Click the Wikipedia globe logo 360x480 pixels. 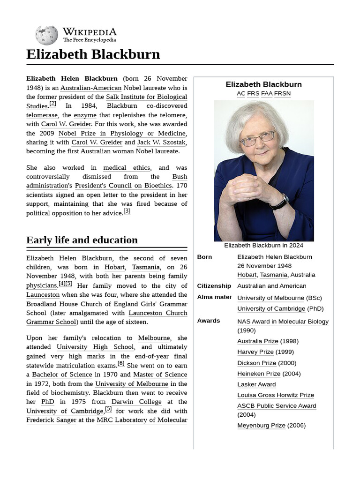tap(46, 35)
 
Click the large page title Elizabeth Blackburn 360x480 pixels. tap(93, 54)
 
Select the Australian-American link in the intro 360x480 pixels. tap(90, 88)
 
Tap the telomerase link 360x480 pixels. tap(42, 115)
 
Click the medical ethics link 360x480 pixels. tap(127, 167)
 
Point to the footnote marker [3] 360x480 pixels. tap(127, 211)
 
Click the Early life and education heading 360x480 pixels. tap(82, 240)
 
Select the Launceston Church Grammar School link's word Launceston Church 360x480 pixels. tap(158, 313)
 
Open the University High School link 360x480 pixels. tap(95, 347)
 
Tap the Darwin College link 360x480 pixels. tap(136, 402)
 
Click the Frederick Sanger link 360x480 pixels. tap(51, 420)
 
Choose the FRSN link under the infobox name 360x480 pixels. tap(282, 93)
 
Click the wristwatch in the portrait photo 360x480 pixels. tap(279, 202)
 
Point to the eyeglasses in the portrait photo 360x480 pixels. tap(257, 139)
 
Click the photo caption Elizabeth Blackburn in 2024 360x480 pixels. tap(263, 245)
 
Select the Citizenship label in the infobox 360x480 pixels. tap(214, 286)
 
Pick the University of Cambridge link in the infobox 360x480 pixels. tap(271, 308)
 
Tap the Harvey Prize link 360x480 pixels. tap(255, 352)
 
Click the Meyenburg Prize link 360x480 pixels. tap(261, 425)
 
